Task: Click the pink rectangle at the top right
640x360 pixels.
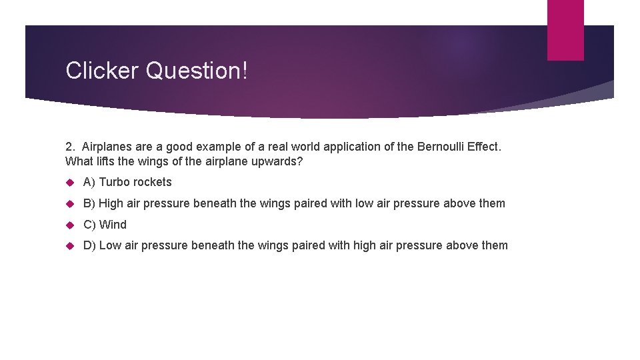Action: click(x=565, y=30)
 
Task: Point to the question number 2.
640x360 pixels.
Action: click(x=70, y=146)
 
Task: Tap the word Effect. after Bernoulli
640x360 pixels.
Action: click(x=483, y=146)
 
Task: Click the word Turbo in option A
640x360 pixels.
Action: click(x=115, y=182)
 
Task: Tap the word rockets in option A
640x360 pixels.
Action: click(x=153, y=182)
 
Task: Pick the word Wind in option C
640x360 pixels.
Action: click(x=113, y=225)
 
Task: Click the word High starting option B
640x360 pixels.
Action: click(x=111, y=203)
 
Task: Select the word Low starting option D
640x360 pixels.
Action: click(x=110, y=245)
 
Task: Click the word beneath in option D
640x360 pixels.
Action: click(x=213, y=245)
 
